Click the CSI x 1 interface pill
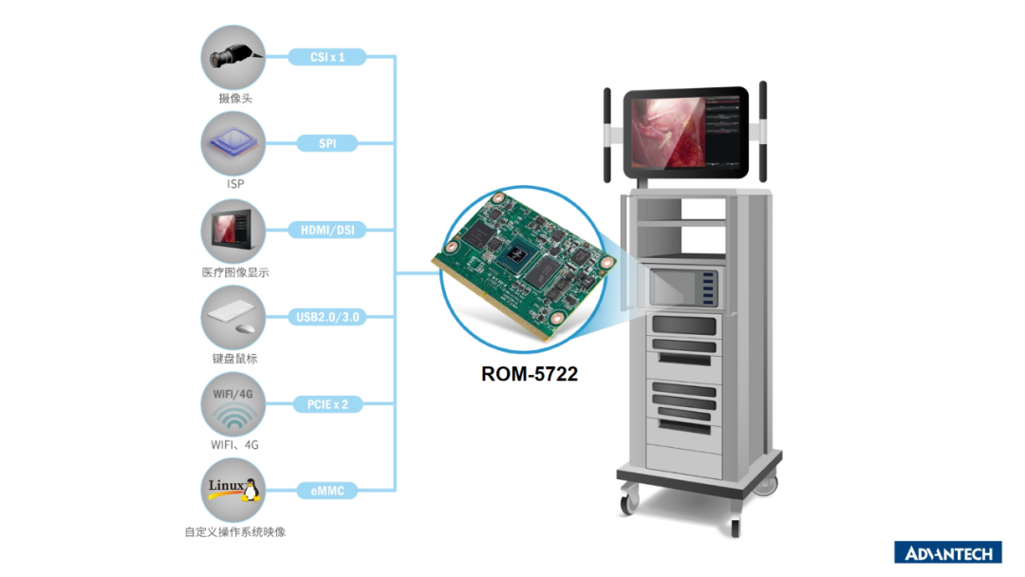pos(326,57)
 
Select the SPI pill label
pos(326,143)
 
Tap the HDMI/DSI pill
pos(326,230)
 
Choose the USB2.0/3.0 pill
pos(326,317)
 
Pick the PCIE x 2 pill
pos(326,404)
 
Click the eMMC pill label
pos(326,491)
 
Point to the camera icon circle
pos(233,58)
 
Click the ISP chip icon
pos(233,143)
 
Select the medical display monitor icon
pos(233,231)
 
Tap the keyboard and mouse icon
pos(233,318)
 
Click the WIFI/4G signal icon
pos(233,404)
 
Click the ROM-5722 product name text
pos(530,374)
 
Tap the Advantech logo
pos(948,553)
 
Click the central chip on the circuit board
pos(516,255)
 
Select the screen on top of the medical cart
pos(685,133)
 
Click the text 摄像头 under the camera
pos(234,99)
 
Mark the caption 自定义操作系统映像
pos(234,531)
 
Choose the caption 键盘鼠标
pos(234,358)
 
